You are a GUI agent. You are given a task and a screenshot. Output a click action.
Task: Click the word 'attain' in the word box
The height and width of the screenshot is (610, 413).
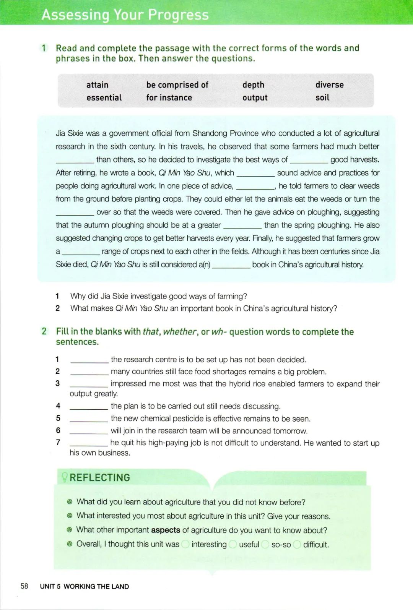click(97, 85)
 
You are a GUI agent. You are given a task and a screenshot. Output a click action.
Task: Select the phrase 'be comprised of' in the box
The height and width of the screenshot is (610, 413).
click(177, 85)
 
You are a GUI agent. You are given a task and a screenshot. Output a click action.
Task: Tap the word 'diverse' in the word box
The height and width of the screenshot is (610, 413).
click(329, 85)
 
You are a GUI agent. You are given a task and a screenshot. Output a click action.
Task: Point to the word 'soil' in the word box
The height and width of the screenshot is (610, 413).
click(322, 97)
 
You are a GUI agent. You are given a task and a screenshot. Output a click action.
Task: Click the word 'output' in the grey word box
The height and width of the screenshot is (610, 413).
click(255, 98)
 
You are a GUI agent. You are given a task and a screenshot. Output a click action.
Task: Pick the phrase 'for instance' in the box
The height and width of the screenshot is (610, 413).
click(169, 97)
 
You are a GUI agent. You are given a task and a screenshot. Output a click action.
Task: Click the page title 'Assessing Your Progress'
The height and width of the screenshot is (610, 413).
click(125, 15)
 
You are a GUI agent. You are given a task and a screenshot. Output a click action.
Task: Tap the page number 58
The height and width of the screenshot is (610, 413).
click(24, 586)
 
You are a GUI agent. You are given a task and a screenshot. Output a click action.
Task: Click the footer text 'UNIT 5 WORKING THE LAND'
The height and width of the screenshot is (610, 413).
click(84, 586)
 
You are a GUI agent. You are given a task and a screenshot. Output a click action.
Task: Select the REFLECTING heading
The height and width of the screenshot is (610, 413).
click(99, 477)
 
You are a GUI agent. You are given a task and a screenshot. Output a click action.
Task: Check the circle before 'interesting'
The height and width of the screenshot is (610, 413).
click(185, 544)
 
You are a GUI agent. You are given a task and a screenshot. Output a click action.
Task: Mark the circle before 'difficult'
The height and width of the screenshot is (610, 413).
click(297, 544)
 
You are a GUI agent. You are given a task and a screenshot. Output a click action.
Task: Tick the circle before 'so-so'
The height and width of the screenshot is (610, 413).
click(265, 544)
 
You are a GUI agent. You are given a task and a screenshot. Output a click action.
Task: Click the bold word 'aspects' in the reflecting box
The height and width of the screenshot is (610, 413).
click(165, 530)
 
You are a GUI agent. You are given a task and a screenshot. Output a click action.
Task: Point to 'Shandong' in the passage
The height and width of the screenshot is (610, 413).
click(210, 133)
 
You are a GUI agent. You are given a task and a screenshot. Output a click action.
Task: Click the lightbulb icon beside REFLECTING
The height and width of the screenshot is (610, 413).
click(64, 477)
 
